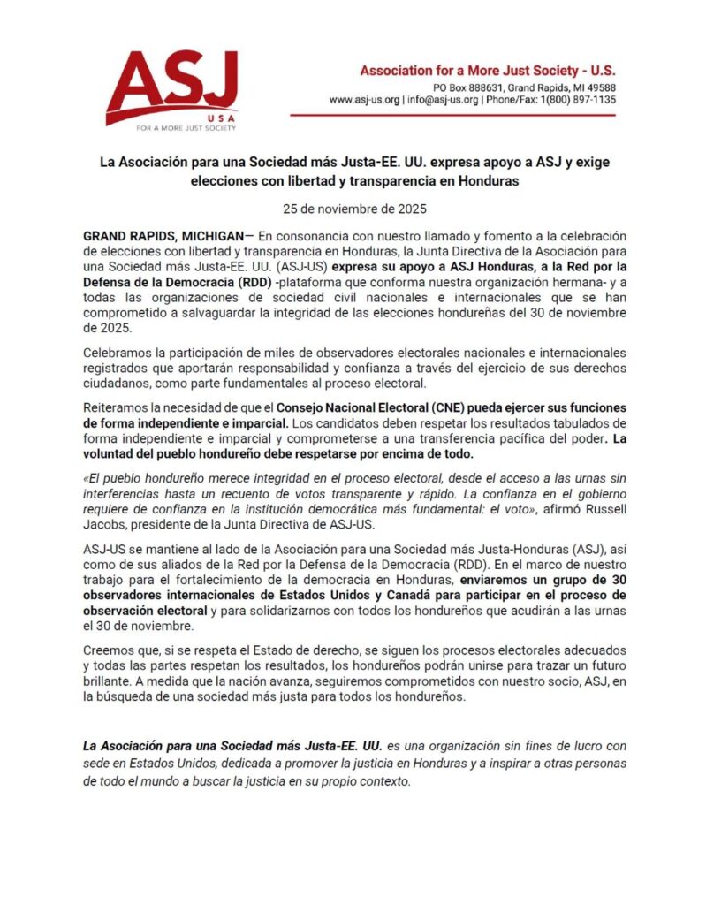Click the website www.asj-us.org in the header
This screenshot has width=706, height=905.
(x=364, y=101)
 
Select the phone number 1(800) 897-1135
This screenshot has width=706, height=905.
(x=576, y=101)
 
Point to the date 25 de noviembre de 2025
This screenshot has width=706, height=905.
(x=353, y=209)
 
